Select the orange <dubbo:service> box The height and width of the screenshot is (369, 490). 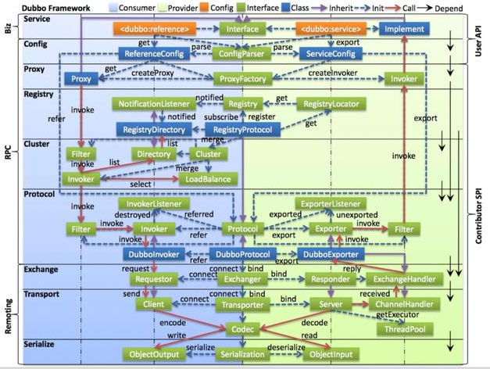[x=326, y=29]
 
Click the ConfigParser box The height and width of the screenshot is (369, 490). [x=241, y=54]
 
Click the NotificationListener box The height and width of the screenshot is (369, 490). [x=156, y=102]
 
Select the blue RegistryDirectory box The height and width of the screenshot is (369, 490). [x=153, y=129]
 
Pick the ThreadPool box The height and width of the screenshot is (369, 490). [x=404, y=328]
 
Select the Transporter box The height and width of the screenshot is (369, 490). [x=241, y=304]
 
